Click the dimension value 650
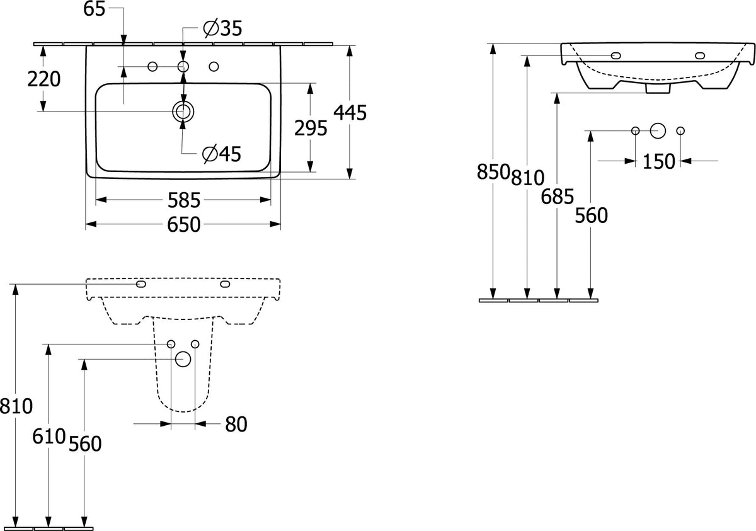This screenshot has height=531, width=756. [x=184, y=225]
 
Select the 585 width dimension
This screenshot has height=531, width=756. [x=184, y=200]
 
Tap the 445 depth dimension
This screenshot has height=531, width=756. [x=350, y=113]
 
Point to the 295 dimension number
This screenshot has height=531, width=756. [x=311, y=128]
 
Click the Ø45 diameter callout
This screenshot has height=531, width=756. [x=222, y=154]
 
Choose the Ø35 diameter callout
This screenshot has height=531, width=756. [x=223, y=28]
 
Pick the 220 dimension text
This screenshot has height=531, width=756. [x=44, y=79]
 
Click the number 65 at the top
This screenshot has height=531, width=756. [x=94, y=9]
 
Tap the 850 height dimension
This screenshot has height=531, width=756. [x=493, y=172]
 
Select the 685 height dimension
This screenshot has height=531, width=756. [x=557, y=197]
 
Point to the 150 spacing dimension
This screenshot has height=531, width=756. [x=659, y=162]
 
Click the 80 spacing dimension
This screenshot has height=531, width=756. [x=236, y=425]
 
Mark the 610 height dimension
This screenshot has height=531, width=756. [x=49, y=437]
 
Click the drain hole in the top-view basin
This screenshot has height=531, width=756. [x=183, y=111]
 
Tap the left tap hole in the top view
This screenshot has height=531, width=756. [x=152, y=67]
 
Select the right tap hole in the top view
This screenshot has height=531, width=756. [x=214, y=67]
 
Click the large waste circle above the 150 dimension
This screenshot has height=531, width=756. [x=658, y=130]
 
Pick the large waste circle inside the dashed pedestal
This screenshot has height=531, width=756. [x=183, y=359]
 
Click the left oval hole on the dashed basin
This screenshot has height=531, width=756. [x=141, y=284]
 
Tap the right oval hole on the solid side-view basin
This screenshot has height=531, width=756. [x=700, y=55]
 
